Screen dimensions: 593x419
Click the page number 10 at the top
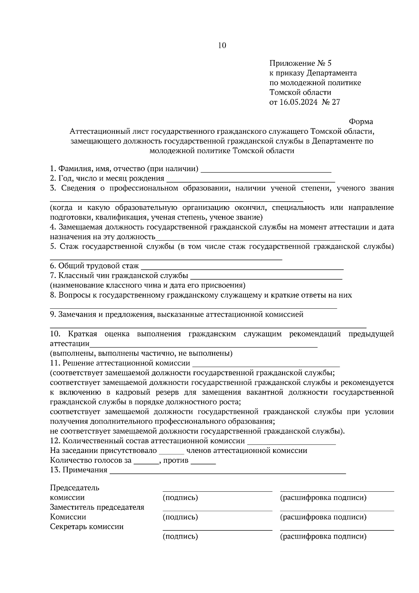coord(222,45)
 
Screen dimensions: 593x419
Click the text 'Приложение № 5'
coord(300,64)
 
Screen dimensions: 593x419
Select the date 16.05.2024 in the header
coord(299,102)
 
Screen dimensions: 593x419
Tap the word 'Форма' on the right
coord(361,122)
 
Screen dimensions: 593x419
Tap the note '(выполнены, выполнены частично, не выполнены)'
coord(141,353)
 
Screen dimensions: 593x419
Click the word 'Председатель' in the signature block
coord(75,488)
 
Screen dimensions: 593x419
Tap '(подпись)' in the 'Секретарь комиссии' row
coord(180,536)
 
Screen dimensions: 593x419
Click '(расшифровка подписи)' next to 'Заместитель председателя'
coord(323,517)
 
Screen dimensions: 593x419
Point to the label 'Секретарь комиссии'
coord(87,527)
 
